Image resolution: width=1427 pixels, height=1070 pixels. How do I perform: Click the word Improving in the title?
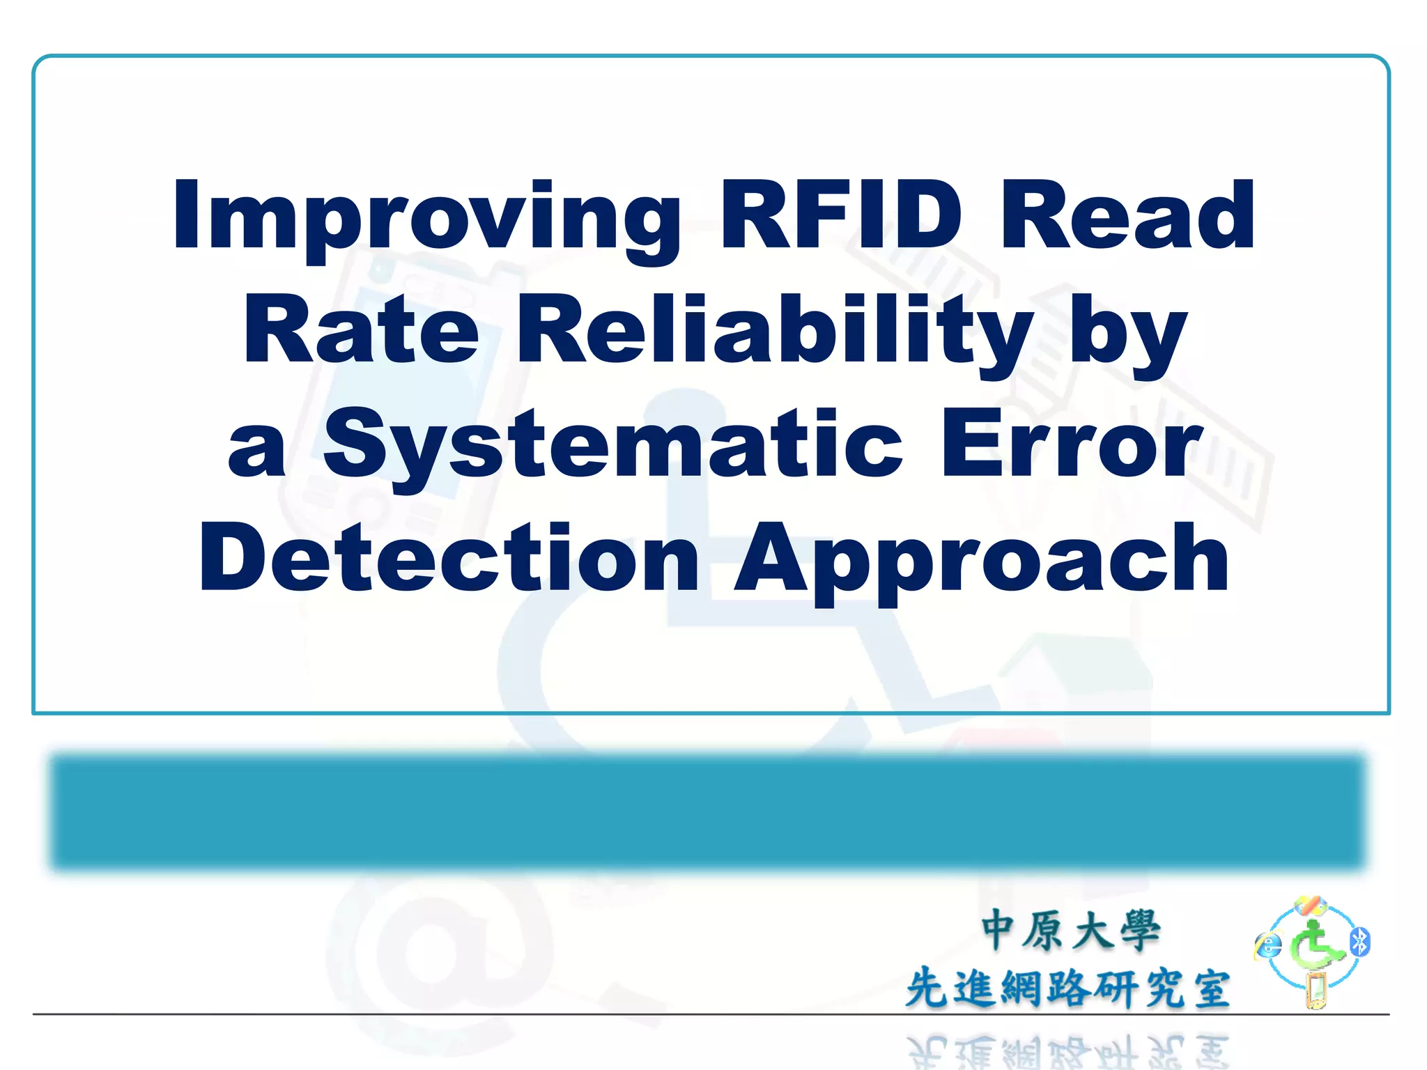click(x=426, y=216)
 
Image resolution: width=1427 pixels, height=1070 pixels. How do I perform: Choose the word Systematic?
click(x=613, y=444)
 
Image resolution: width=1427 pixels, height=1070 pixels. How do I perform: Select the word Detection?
click(x=449, y=557)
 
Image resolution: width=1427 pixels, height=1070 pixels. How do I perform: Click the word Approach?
click(x=982, y=561)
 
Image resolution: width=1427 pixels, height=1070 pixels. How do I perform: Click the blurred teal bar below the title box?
click(x=707, y=812)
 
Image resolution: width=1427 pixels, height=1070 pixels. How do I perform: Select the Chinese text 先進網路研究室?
click(x=1067, y=988)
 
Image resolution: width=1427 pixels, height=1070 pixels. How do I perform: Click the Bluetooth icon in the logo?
click(x=1360, y=942)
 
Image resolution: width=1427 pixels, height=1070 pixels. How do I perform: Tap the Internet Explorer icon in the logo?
click(x=1268, y=945)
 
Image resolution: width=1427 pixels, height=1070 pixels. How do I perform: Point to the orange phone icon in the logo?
click(x=1316, y=991)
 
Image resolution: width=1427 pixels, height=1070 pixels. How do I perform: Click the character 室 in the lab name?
click(x=1211, y=989)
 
